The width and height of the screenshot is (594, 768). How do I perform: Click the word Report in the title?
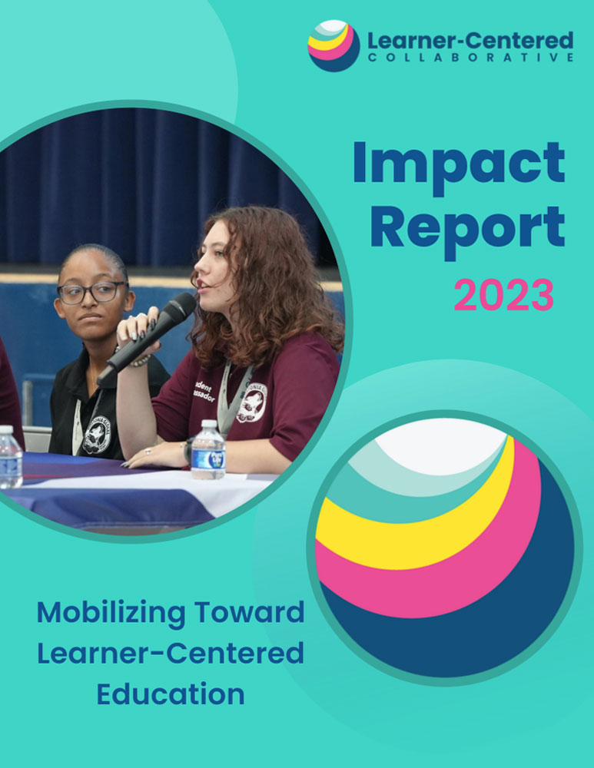468,230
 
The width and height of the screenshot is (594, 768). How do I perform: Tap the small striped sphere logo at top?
334,46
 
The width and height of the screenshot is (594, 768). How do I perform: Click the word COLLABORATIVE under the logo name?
470,58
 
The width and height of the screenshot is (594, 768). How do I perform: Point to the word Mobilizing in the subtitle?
111,613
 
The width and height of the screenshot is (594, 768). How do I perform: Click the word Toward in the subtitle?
250,612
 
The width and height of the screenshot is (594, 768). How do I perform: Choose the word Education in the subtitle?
171,694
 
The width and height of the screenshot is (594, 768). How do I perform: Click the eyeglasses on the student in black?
93,293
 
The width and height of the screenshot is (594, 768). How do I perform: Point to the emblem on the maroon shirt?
251,402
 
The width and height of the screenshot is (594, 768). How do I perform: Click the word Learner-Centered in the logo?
470,40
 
